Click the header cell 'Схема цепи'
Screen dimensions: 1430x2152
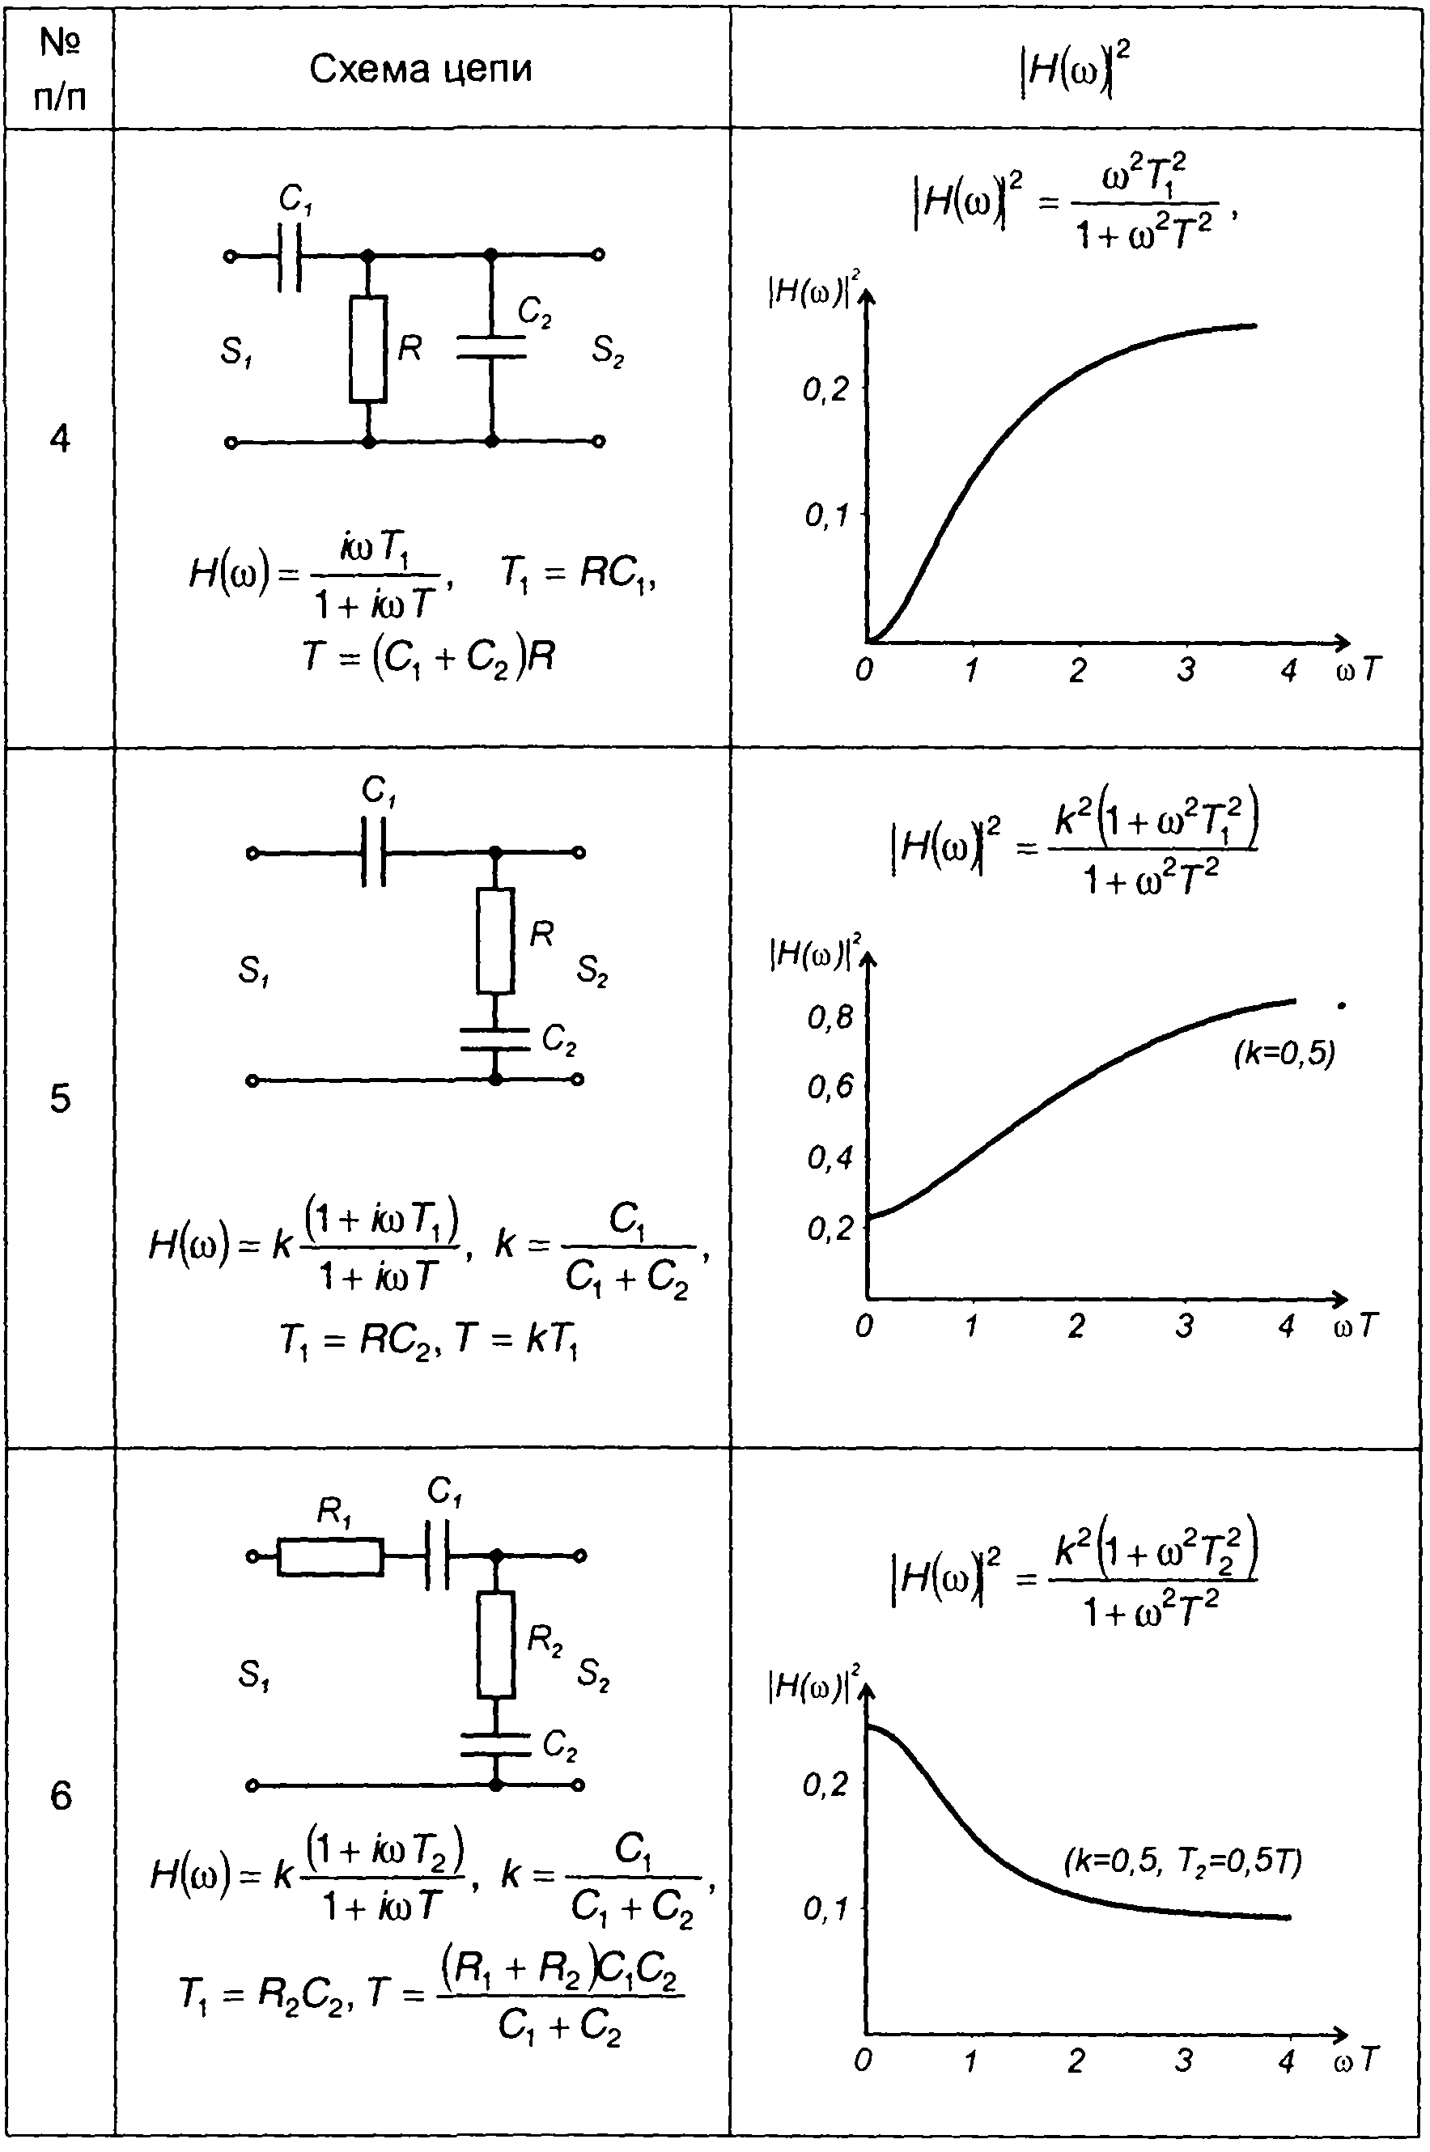421,69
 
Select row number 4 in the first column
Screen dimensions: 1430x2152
59,439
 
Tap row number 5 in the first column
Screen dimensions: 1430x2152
59,1099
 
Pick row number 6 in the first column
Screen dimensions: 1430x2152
60,1797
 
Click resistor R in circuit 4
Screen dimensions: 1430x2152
368,348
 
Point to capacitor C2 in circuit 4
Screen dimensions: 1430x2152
491,346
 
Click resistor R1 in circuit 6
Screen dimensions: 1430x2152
330,1556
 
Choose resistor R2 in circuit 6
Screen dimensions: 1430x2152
496,1644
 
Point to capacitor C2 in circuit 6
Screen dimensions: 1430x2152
495,1744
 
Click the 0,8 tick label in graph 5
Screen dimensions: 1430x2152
829,1017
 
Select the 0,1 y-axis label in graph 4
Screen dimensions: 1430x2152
826,516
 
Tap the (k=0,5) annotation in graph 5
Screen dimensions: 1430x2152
1284,1055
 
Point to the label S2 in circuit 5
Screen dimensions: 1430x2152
592,972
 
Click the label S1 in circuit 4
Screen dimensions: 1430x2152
236,351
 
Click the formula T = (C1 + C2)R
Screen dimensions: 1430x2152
429,656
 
